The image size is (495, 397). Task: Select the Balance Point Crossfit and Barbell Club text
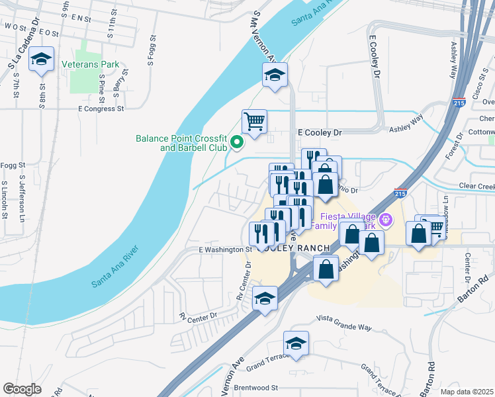click(181, 143)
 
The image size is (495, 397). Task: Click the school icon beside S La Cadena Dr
click(41, 60)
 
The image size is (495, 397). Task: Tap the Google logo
click(22, 389)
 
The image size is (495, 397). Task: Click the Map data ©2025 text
click(467, 392)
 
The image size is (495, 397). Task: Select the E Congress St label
click(101, 108)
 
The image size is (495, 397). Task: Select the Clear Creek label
click(476, 187)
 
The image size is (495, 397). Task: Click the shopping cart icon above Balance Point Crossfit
click(254, 121)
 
